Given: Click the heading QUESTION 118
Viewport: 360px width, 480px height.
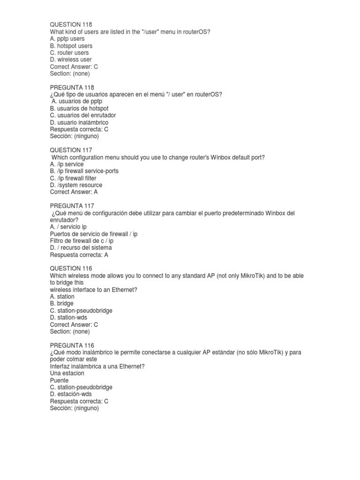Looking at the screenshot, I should tap(71, 24).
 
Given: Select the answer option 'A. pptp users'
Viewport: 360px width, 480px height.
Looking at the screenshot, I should tap(67, 38).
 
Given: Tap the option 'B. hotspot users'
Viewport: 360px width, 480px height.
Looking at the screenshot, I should tap(71, 45).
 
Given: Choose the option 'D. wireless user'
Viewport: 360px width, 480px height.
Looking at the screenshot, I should tap(71, 60).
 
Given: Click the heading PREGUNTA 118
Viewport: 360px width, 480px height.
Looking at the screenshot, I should tap(72, 87).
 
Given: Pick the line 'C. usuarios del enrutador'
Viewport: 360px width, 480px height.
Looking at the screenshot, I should tap(83, 115).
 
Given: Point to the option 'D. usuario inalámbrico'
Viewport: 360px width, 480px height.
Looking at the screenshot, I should tap(79, 122).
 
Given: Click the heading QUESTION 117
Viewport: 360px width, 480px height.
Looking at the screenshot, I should tap(71, 150).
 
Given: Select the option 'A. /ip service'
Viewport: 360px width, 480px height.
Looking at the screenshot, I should tap(67, 164).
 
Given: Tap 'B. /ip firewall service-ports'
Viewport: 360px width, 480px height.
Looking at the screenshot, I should tap(84, 171).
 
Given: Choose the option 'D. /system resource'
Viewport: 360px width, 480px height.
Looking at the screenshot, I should tap(76, 185).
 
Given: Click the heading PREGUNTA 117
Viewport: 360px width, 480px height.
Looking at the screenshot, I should tap(72, 206).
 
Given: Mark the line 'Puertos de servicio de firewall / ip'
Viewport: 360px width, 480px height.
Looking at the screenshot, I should tap(94, 233).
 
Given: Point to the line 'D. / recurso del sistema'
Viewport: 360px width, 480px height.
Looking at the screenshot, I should tap(81, 247).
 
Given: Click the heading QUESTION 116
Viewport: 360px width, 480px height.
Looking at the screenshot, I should tap(71, 269).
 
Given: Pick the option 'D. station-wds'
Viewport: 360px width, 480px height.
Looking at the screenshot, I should tap(68, 317).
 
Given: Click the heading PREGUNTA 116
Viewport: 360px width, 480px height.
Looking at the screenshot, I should tap(72, 345).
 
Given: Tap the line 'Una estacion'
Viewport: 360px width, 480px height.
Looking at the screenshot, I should tap(67, 373).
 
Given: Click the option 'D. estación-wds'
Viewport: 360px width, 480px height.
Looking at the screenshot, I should tap(72, 394).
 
